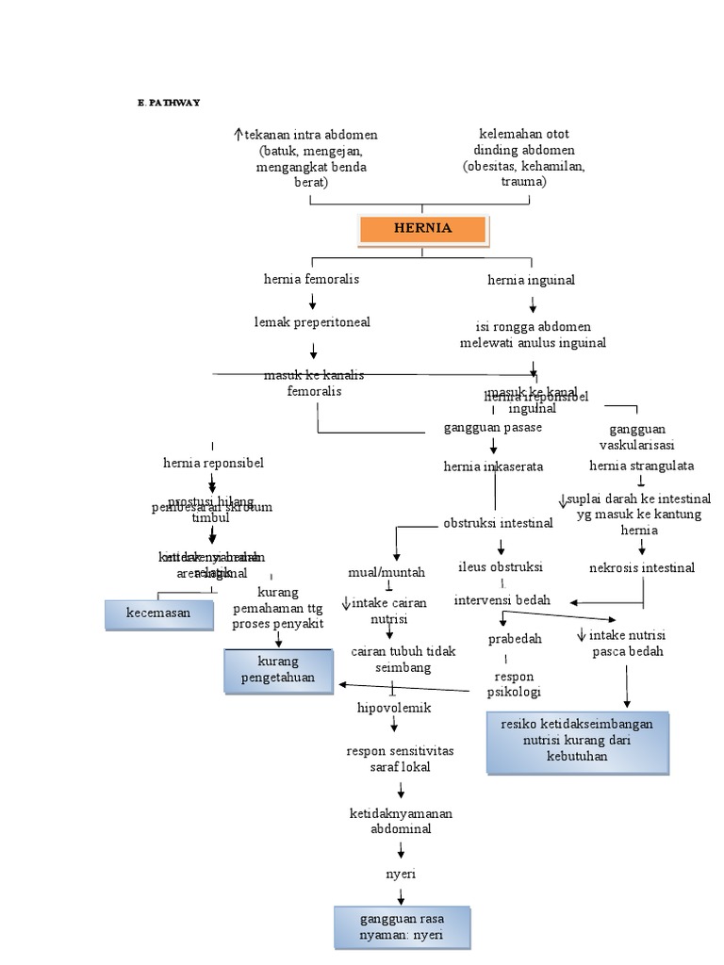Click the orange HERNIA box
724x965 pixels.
[x=422, y=229]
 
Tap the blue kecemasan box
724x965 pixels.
[x=158, y=613]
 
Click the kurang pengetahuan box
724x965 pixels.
[x=279, y=670]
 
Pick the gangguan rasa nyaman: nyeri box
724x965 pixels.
[x=402, y=927]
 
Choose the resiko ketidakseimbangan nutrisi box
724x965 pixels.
[x=578, y=742]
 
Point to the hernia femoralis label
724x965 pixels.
[x=311, y=279]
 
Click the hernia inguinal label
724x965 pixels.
[x=531, y=280]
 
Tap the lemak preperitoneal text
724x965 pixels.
[x=312, y=322]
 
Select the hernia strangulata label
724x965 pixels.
[x=642, y=466]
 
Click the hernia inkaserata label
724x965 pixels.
[x=493, y=466]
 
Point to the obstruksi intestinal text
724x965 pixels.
[x=498, y=523]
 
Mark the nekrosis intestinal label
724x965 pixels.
[x=642, y=568]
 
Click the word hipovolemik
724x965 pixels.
[x=394, y=708]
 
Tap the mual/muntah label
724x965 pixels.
[x=387, y=572]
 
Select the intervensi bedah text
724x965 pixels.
[x=502, y=600]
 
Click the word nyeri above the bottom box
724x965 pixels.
[x=401, y=874]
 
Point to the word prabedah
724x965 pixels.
[x=515, y=639]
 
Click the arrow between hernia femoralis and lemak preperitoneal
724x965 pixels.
[x=312, y=301]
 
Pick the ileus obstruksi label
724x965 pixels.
[x=500, y=567]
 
